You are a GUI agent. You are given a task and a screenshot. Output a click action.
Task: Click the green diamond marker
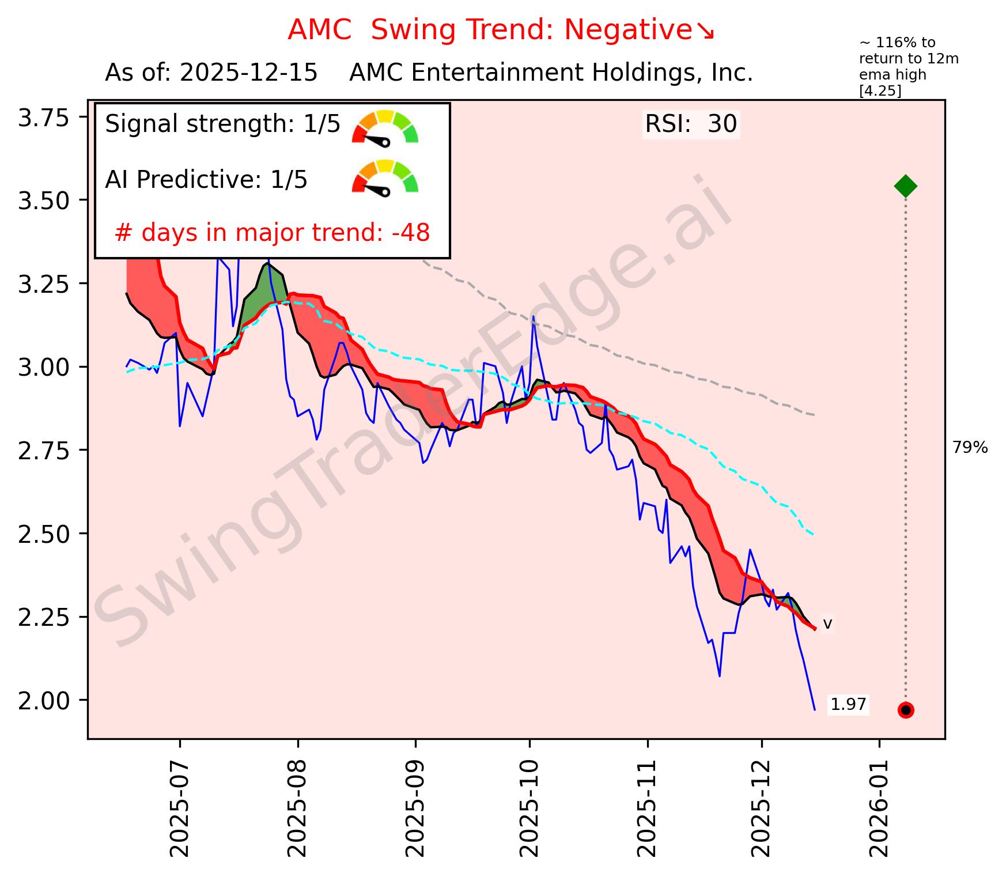point(905,186)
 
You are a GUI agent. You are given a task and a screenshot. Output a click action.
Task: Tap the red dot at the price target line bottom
point(905,710)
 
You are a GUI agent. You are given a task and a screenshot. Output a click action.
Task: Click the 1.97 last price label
point(848,704)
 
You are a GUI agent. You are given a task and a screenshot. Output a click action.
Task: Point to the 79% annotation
point(970,447)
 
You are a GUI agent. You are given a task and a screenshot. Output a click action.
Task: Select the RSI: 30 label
point(690,124)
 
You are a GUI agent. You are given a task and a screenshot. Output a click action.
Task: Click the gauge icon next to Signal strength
point(385,127)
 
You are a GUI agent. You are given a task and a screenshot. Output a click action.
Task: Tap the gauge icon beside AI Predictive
point(385,176)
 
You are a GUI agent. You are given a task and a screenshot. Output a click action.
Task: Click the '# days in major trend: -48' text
point(272,233)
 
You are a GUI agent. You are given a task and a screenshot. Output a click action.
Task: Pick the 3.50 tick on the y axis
point(43,200)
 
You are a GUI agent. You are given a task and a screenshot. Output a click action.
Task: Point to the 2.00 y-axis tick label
point(43,700)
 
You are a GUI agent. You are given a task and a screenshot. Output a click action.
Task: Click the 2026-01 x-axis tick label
point(879,804)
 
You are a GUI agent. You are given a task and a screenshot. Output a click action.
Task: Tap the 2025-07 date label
point(180,804)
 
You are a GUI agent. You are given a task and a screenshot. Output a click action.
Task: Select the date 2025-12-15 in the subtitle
point(248,73)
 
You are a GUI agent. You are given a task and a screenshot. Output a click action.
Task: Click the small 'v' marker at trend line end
point(827,623)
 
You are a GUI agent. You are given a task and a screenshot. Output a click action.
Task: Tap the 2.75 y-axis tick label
point(43,450)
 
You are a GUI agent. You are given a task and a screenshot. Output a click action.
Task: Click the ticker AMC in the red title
point(319,30)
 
